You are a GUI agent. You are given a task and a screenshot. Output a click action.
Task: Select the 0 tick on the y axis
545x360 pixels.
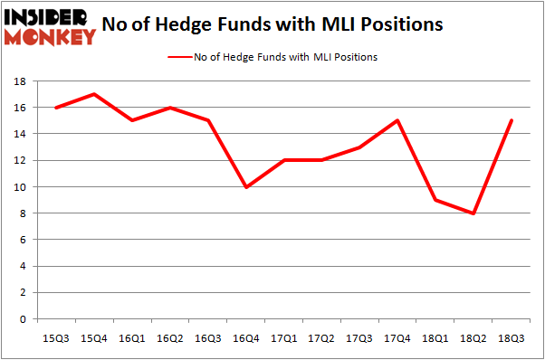click(x=22, y=319)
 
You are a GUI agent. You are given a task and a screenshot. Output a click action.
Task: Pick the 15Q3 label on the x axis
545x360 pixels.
click(x=55, y=337)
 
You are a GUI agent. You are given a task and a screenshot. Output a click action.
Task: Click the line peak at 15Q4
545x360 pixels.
click(x=94, y=94)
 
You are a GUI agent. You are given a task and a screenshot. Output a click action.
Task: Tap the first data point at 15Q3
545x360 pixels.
click(x=55, y=108)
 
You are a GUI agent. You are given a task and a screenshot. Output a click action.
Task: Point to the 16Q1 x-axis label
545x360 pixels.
click(x=132, y=337)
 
